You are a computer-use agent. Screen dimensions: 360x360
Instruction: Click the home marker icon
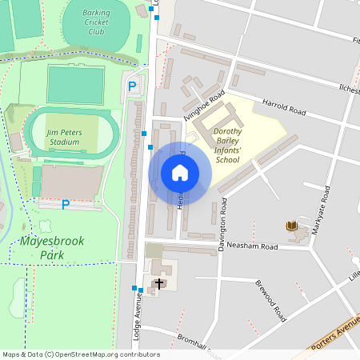pos(180,173)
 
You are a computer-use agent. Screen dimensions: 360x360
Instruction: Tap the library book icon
pos(292,227)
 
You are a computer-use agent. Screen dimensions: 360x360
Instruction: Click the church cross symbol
pos(158,283)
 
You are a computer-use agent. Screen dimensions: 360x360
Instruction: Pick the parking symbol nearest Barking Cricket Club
pos(132,86)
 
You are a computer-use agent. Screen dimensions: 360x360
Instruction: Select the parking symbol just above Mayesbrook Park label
pos(66,204)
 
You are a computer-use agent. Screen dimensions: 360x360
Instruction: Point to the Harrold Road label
pos(286,107)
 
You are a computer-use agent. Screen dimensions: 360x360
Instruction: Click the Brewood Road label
pos(270,301)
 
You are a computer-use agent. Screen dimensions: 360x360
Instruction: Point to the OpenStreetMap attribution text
pos(80,354)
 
